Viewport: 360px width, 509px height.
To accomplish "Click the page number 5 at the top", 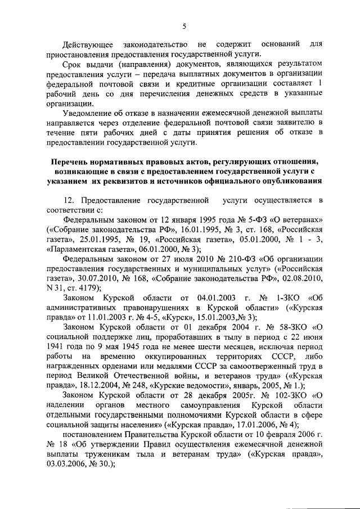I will point(184,25).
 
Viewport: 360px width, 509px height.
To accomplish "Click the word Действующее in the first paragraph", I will point(88,44).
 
